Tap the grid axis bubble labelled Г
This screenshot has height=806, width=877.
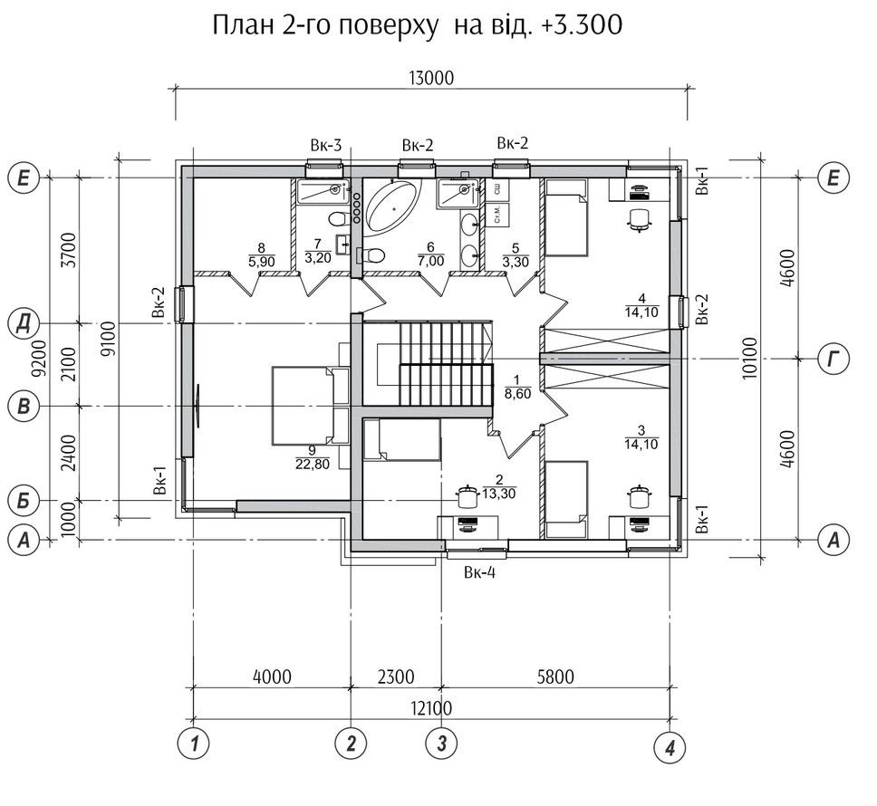834,359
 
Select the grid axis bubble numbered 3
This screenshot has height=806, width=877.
441,744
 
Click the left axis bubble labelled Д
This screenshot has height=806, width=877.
24,323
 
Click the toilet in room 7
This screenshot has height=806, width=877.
337,218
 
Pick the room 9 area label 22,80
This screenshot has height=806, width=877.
313,464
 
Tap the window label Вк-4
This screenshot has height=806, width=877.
479,572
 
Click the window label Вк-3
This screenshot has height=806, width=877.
325,146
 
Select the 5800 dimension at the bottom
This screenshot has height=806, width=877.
555,676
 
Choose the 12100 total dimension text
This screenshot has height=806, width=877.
431,709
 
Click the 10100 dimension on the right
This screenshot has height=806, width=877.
750,359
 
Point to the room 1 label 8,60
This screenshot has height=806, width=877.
517,394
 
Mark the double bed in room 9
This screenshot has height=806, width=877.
310,406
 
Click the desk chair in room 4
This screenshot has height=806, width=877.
640,218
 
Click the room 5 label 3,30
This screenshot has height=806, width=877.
516,262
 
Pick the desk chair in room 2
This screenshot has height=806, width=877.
467,496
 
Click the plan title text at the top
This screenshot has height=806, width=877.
418,25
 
